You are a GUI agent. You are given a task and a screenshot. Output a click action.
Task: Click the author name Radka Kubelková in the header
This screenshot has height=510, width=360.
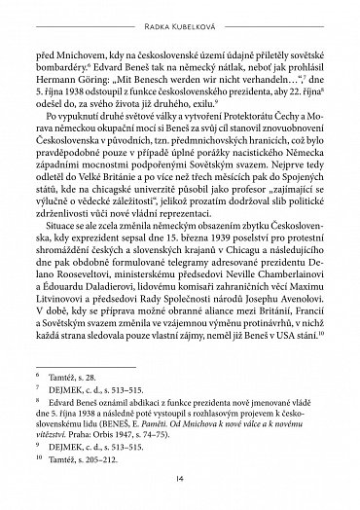[x=180, y=12]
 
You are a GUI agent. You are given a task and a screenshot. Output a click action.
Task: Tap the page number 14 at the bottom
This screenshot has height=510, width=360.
[x=180, y=481]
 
